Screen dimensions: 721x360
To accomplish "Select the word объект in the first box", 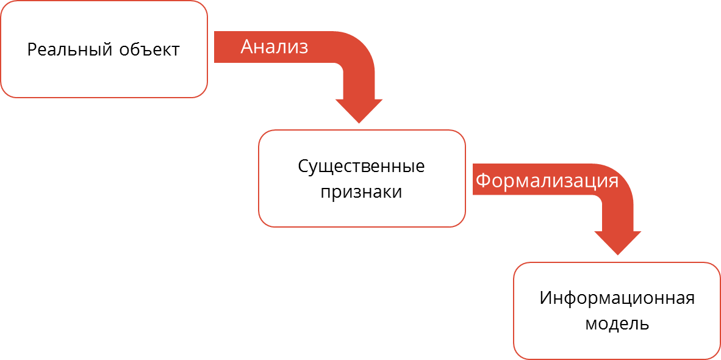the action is click(x=149, y=49).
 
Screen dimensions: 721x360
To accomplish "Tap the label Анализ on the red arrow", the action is click(x=274, y=47).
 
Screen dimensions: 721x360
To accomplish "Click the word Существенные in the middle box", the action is click(x=361, y=167).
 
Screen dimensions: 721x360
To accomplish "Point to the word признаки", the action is click(x=362, y=192).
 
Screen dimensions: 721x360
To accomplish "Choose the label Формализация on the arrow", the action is click(x=547, y=181).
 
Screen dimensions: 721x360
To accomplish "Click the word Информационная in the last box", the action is click(x=617, y=298).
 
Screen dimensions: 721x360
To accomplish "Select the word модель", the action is click(x=617, y=323).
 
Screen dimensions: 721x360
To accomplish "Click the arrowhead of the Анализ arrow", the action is click(x=359, y=111).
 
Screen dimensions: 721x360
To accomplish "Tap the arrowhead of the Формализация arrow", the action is click(x=617, y=243).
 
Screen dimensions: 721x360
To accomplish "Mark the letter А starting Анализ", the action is click(x=248, y=46).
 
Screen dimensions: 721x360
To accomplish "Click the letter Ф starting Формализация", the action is click(x=482, y=181).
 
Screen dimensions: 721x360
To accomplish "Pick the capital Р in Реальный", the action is click(x=32, y=49).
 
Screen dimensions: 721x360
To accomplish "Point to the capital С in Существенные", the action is click(x=304, y=167).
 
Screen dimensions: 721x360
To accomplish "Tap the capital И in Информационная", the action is click(x=547, y=298).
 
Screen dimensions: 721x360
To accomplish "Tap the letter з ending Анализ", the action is click(x=303, y=49).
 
